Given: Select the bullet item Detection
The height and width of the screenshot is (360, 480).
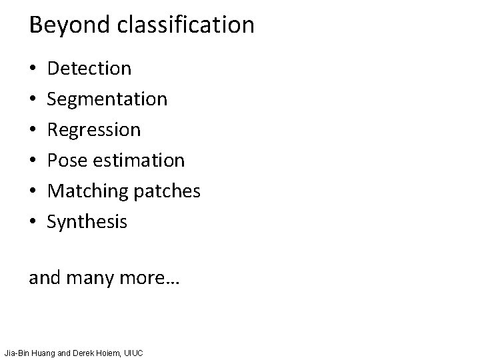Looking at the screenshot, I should (x=90, y=68).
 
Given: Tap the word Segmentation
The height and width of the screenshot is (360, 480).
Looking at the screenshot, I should (x=107, y=99).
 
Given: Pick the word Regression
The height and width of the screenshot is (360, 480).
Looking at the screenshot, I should (x=94, y=130).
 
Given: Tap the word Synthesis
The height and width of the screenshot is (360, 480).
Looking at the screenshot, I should (x=87, y=222).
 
